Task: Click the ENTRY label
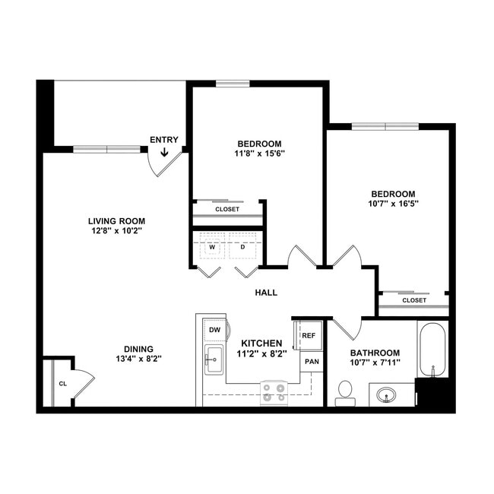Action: pos(164,140)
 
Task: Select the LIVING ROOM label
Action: pos(115,220)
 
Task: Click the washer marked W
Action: pos(212,247)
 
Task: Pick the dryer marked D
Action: pos(243,247)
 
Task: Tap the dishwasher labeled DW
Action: pos(214,330)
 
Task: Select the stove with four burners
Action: pos(274,392)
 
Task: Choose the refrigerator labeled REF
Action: pos(309,335)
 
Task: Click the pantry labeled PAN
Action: pos(312,361)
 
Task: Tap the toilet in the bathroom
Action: pos(345,391)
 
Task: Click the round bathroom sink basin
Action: pos(387,395)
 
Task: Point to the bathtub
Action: pos(432,350)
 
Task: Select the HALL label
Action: pos(265,293)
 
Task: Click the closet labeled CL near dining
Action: pos(62,383)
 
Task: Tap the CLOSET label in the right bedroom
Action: pos(414,300)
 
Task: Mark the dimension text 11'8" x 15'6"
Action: pos(259,153)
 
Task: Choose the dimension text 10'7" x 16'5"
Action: pos(393,203)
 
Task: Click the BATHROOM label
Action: pos(375,353)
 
